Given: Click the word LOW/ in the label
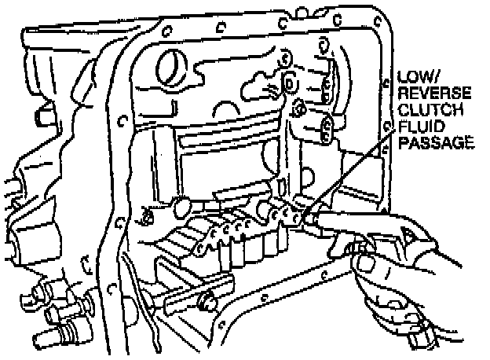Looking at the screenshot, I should point(416,79).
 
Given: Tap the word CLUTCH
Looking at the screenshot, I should point(425,110).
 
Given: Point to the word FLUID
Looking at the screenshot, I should point(417,127).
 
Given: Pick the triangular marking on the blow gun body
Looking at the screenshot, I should point(408,233).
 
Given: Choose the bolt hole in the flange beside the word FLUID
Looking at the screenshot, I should point(386,127).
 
